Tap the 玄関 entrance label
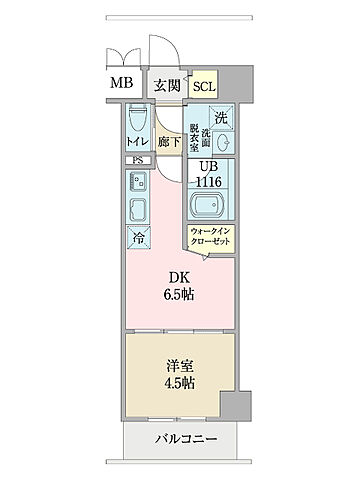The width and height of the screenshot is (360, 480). point(167,85)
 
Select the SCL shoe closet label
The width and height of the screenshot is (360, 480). point(204,86)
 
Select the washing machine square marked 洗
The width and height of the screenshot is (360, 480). point(222,115)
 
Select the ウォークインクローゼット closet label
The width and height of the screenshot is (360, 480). point(211,238)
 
